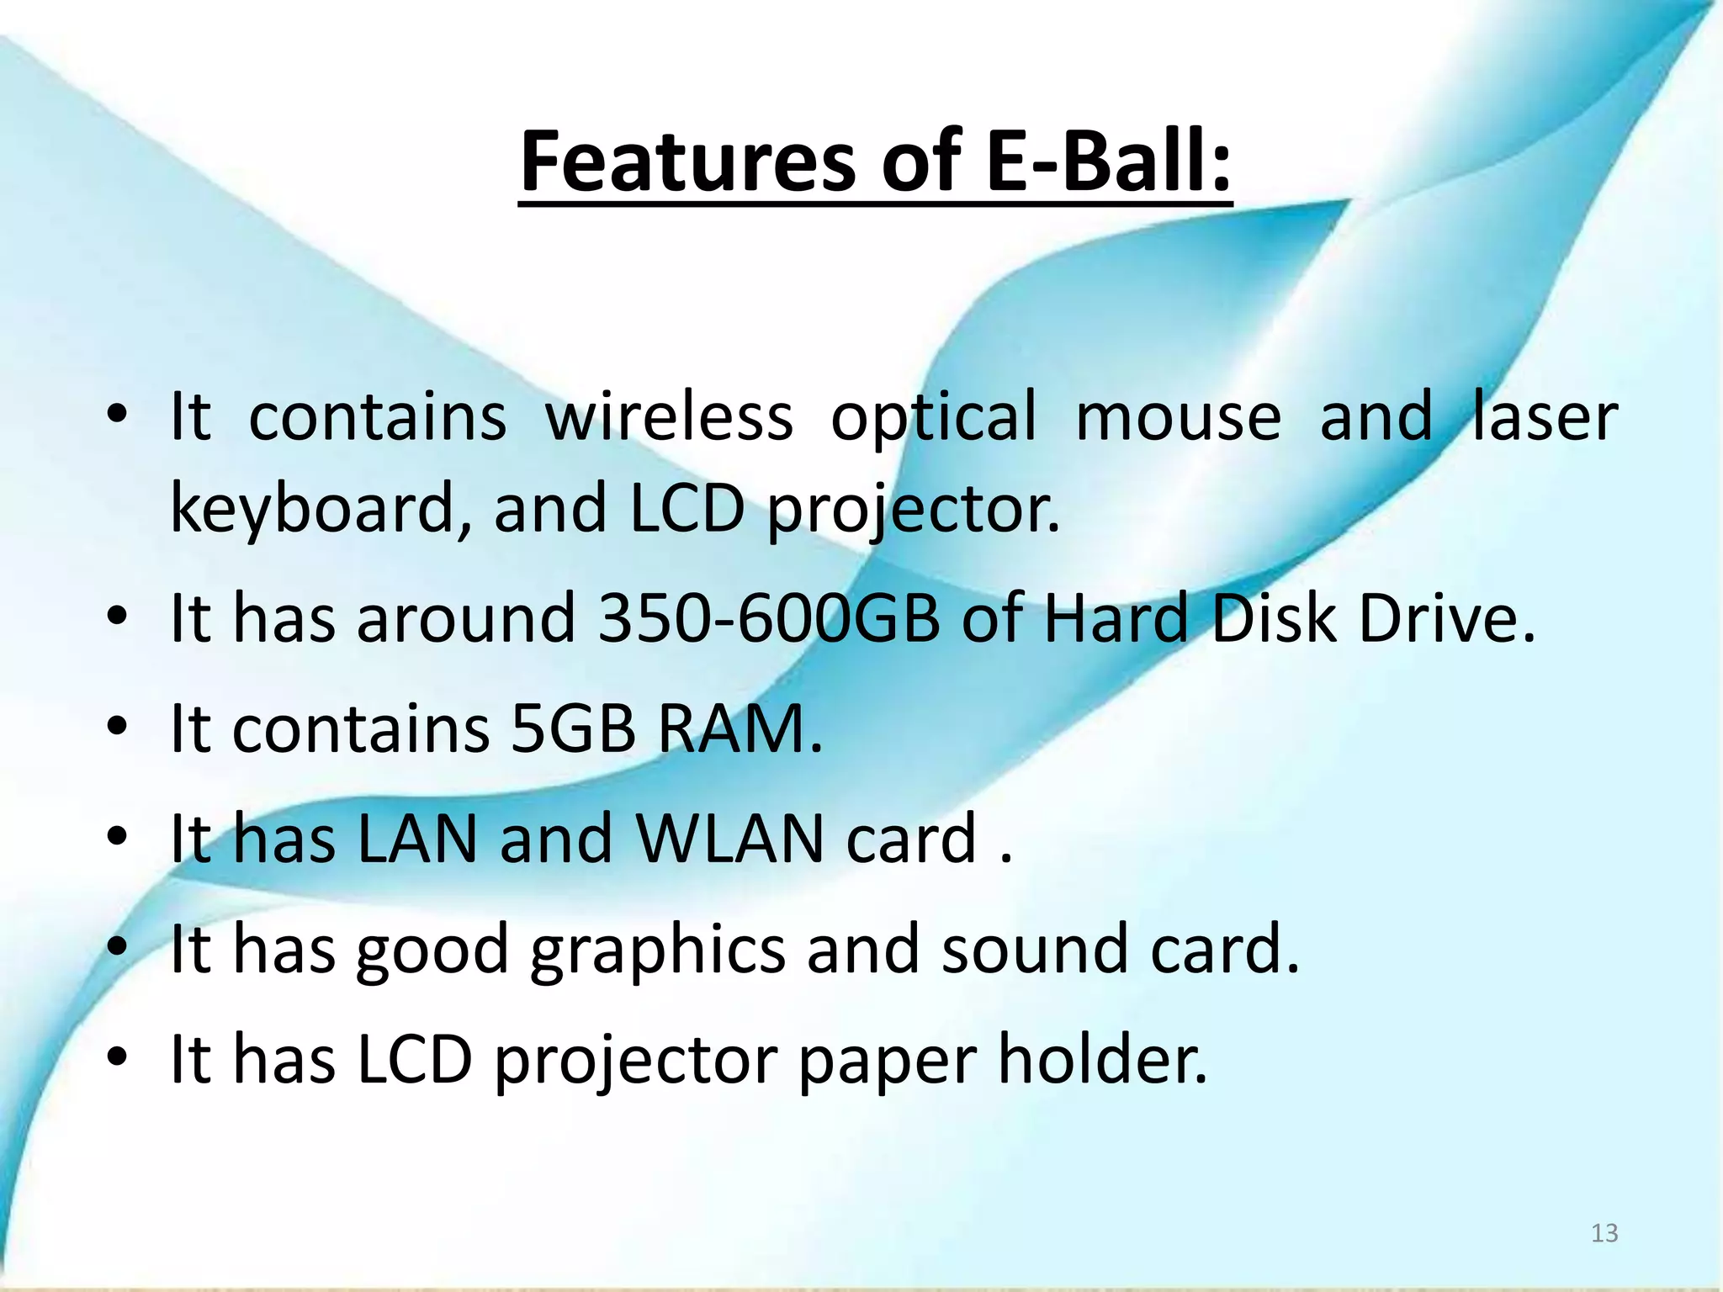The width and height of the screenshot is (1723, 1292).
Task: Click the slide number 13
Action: pyautogui.click(x=1604, y=1233)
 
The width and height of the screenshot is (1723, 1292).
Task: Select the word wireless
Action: pyautogui.click(x=669, y=416)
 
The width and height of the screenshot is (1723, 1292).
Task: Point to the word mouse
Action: pyautogui.click(x=1178, y=417)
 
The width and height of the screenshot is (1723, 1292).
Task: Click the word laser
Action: pyautogui.click(x=1545, y=416)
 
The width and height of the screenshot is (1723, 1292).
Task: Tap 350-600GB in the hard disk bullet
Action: pyautogui.click(x=767, y=618)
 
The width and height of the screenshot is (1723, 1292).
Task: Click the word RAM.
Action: pyautogui.click(x=739, y=728)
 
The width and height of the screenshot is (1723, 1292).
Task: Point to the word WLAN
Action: pyautogui.click(x=729, y=839)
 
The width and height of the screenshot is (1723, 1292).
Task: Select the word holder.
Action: pyautogui.click(x=1102, y=1059)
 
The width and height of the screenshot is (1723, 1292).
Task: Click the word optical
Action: pyautogui.click(x=933, y=417)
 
